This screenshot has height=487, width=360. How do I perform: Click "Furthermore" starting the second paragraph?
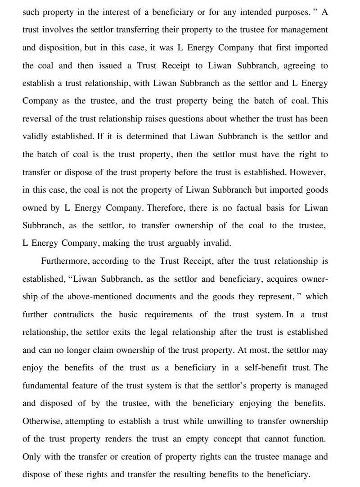tap(65, 262)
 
